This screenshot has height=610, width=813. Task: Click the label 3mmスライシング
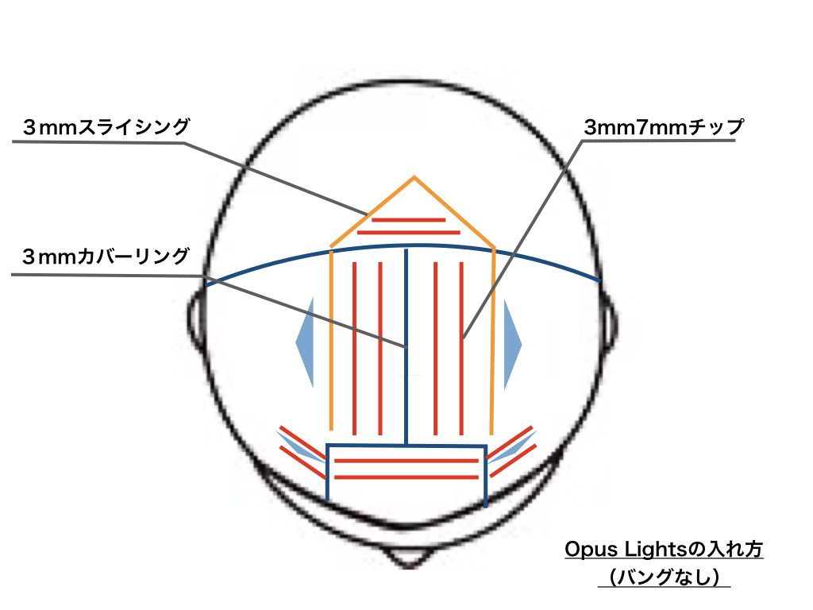pos(106,126)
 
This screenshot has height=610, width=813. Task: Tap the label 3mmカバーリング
pos(106,257)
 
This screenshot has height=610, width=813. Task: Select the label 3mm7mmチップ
pos(664,126)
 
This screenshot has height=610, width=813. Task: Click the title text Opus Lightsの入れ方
pos(664,550)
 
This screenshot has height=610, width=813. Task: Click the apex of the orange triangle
pos(414,177)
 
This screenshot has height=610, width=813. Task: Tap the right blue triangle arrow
pos(511,343)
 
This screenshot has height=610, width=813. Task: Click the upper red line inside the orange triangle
pos(409,219)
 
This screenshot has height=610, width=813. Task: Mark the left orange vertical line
pos(330,342)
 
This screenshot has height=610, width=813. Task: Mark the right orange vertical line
pos(494,342)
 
